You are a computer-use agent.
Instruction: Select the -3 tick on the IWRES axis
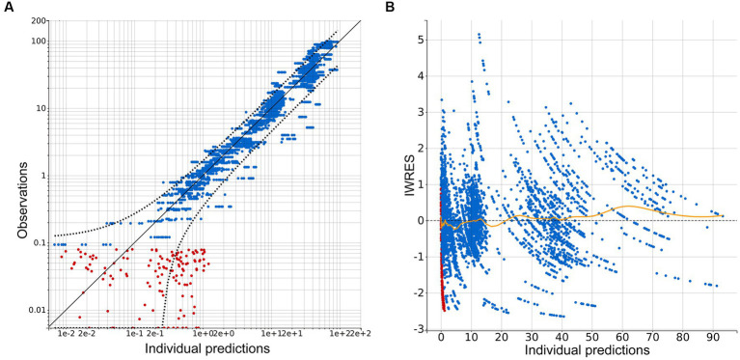pyautogui.click(x=420, y=329)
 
